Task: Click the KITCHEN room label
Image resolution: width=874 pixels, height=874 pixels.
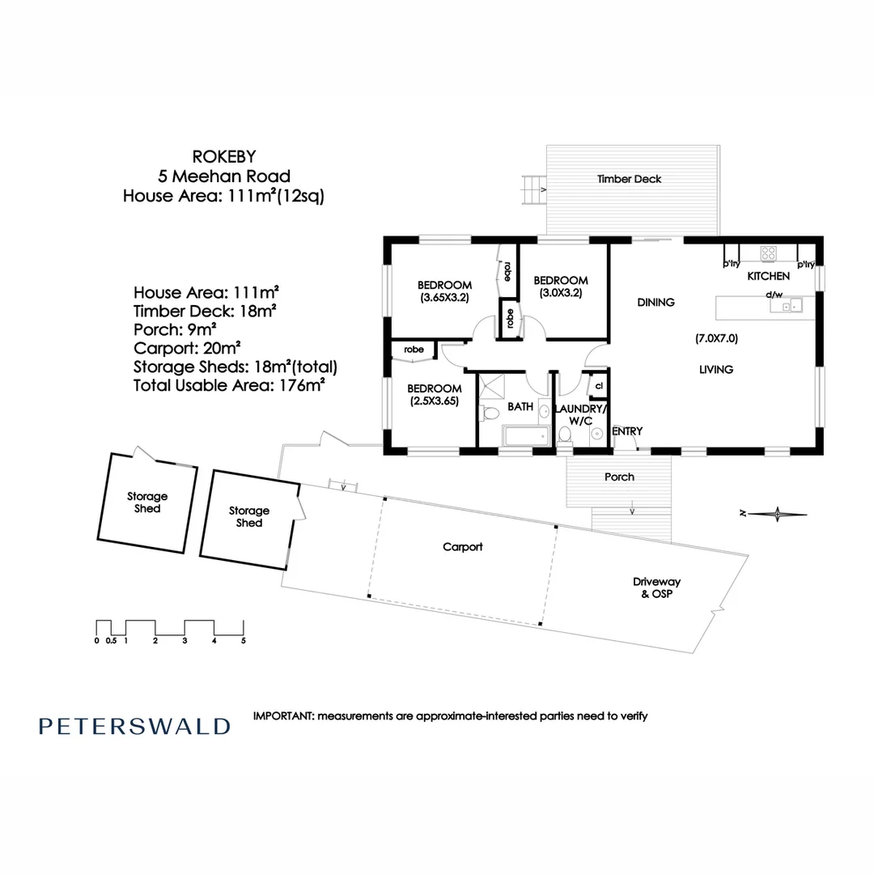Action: click(x=768, y=277)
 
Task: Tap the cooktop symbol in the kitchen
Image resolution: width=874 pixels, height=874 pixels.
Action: click(x=768, y=253)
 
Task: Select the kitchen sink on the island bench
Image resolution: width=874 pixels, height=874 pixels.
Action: click(x=790, y=306)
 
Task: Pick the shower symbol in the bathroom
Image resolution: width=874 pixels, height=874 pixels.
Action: click(x=491, y=386)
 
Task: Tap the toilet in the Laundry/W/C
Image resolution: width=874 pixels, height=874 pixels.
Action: click(x=566, y=435)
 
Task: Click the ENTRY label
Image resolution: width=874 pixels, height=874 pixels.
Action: click(x=627, y=431)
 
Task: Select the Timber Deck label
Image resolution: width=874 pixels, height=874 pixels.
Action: click(x=629, y=179)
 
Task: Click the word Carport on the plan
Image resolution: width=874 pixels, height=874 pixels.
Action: click(x=463, y=547)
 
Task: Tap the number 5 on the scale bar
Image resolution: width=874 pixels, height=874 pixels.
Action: click(x=243, y=640)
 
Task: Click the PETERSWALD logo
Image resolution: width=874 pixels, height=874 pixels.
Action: click(x=134, y=726)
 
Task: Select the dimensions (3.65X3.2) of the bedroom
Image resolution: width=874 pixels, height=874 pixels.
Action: click(x=444, y=297)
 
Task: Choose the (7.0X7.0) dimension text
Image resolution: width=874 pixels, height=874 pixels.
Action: click(x=716, y=338)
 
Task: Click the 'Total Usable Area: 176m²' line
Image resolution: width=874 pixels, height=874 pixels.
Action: click(x=229, y=386)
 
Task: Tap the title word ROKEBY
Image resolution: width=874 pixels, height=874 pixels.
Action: click(x=224, y=156)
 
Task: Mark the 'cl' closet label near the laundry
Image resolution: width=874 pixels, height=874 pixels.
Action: click(x=599, y=386)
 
